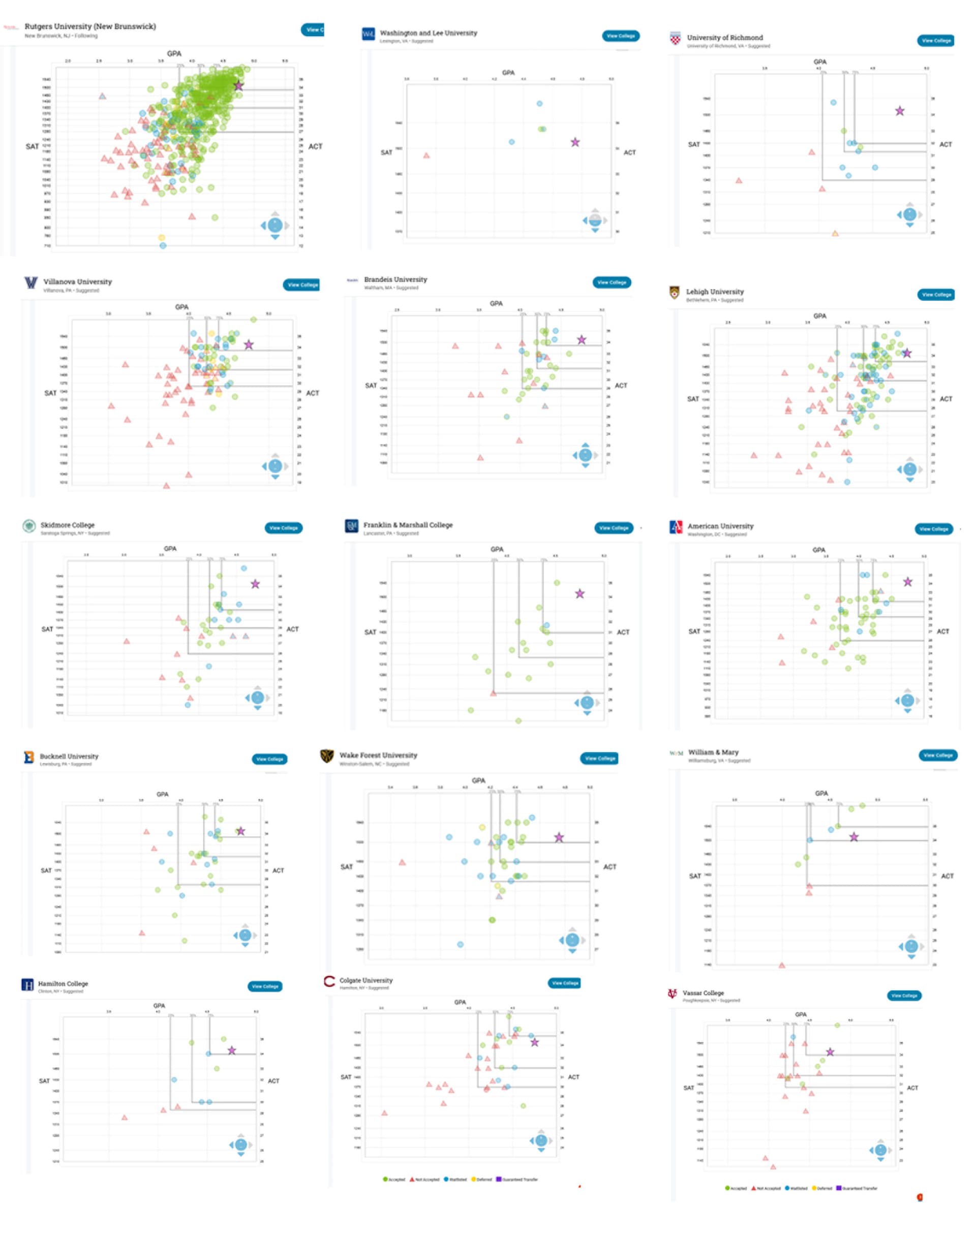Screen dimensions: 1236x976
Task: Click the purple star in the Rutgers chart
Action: (238, 86)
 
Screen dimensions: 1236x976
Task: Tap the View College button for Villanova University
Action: (302, 284)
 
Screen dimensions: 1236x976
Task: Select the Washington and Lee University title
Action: (428, 33)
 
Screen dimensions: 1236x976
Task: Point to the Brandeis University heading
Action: (395, 279)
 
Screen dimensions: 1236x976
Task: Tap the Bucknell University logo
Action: (28, 757)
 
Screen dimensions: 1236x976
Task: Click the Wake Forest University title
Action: (378, 755)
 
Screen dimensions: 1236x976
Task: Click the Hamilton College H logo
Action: (27, 985)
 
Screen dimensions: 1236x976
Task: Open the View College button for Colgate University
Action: (565, 983)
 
